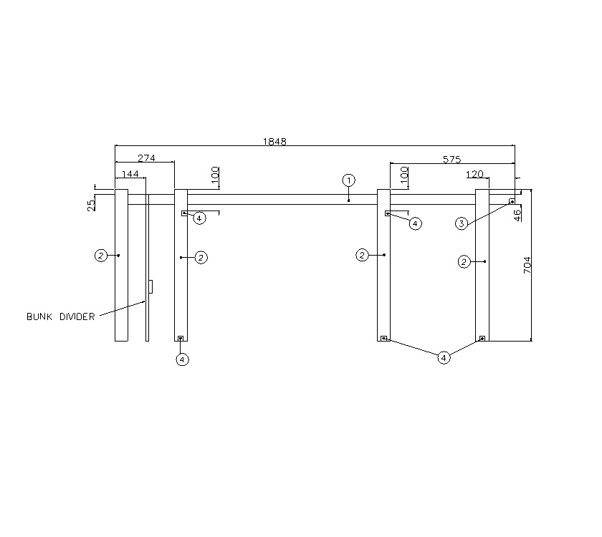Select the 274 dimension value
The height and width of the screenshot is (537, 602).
point(146,158)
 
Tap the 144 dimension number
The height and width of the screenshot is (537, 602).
point(130,174)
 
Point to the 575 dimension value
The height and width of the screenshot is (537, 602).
point(451,159)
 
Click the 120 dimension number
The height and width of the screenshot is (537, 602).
point(474,174)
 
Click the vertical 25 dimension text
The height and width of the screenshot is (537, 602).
point(91,205)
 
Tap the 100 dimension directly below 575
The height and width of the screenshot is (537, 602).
point(404,174)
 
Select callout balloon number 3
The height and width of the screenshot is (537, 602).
point(462,224)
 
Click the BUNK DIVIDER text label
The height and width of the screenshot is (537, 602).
point(60,316)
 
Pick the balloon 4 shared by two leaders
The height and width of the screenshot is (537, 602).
point(444,358)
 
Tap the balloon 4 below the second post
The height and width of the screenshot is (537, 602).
point(182,359)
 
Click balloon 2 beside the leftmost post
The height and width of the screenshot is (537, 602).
point(102,255)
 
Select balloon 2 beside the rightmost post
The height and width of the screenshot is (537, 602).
point(464,262)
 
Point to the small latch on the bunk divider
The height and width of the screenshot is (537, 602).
point(150,286)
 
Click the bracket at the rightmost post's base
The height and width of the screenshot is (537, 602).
point(482,338)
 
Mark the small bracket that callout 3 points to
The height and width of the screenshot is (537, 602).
point(512,202)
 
